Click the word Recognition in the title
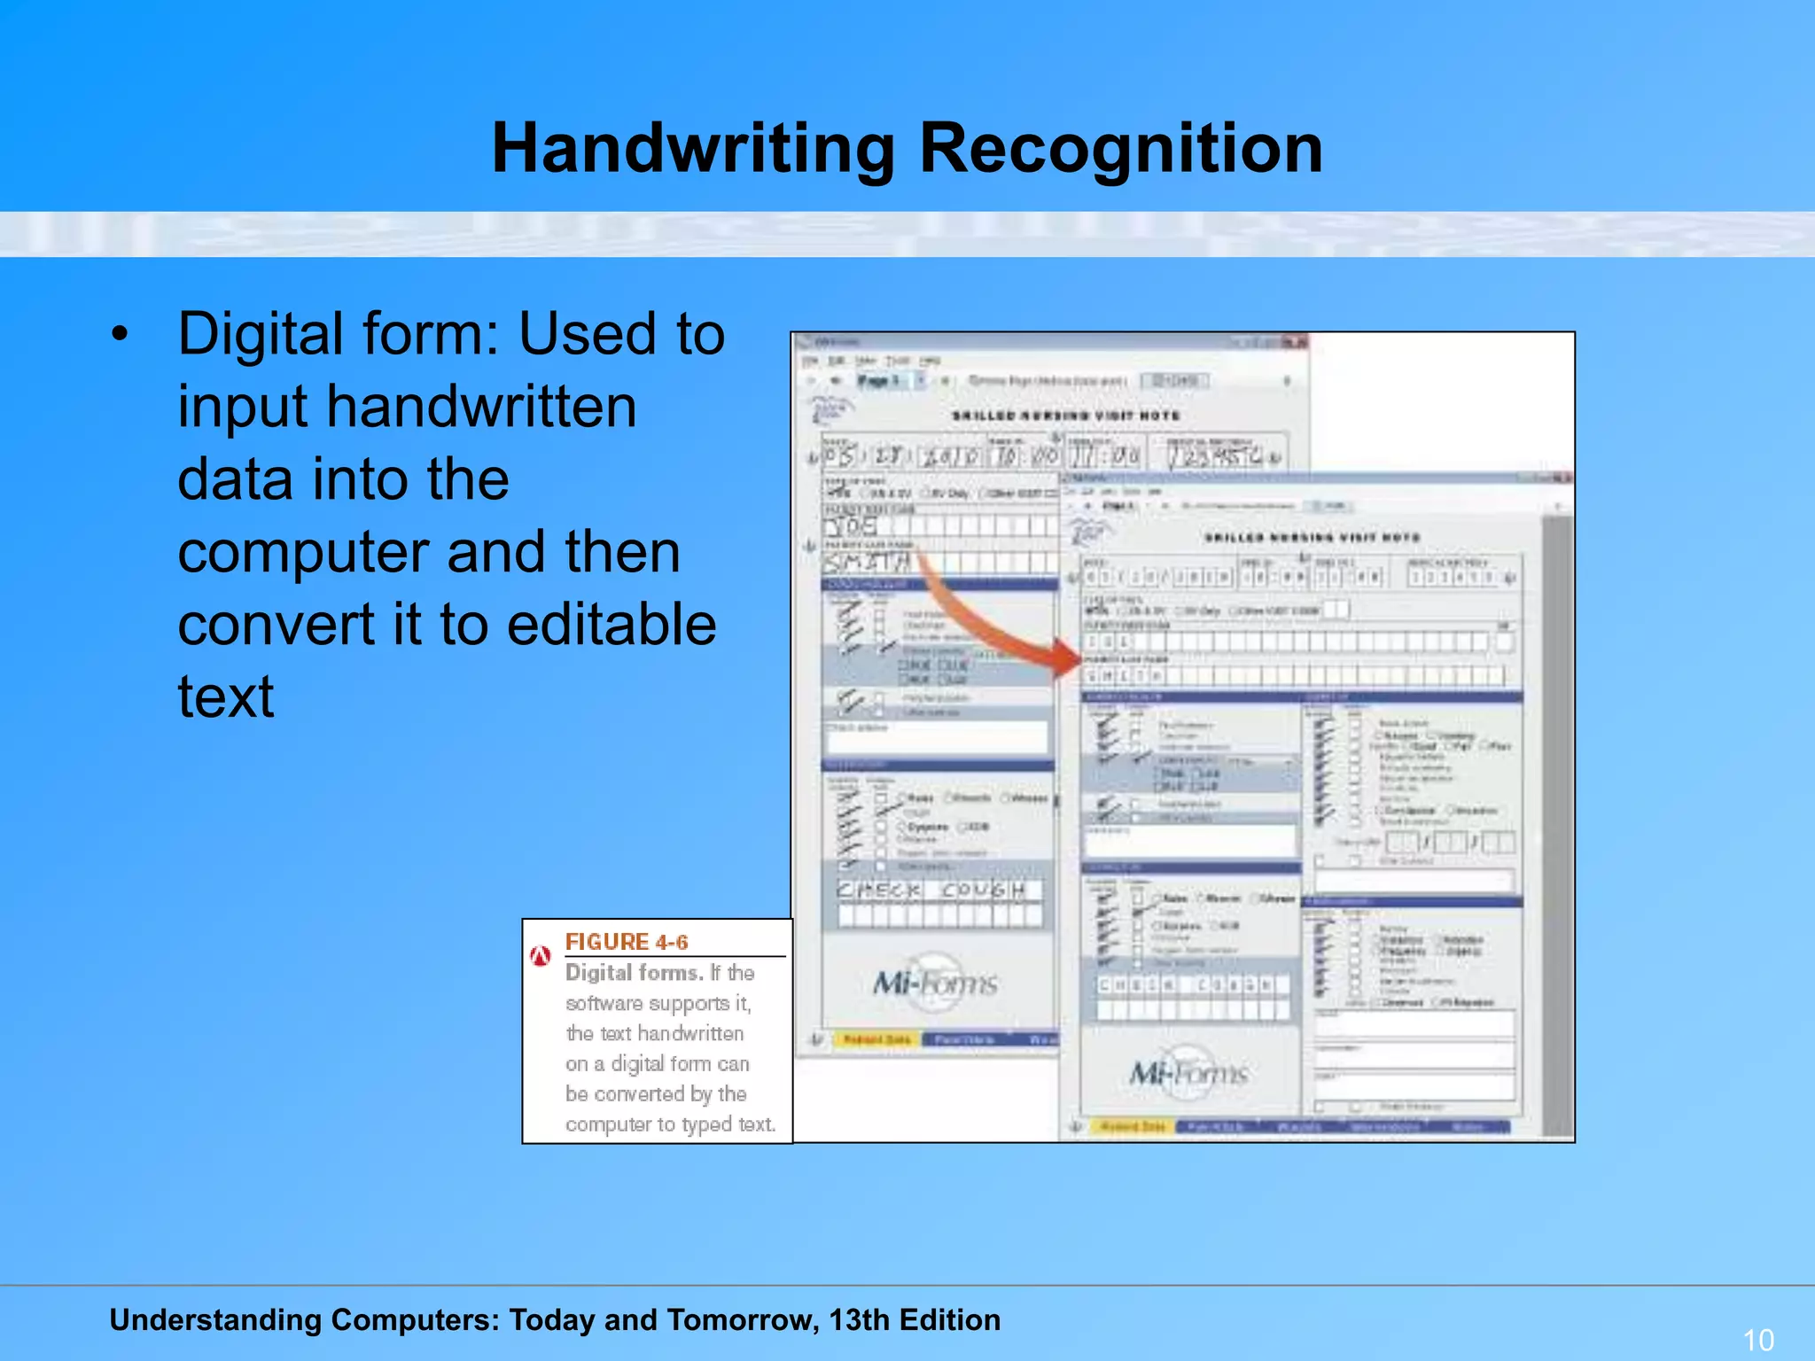[x=1121, y=148]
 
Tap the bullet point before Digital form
[x=120, y=335]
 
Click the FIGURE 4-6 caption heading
[x=627, y=942]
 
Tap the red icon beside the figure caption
[x=540, y=956]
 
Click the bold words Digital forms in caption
[x=634, y=973]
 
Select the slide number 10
[x=1758, y=1339]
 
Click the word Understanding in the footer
[x=215, y=1319]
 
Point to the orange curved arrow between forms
[x=993, y=620]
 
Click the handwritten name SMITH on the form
[x=868, y=562]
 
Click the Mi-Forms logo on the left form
[x=934, y=982]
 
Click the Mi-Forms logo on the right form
[x=1188, y=1074]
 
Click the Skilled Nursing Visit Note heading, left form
[x=1065, y=416]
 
